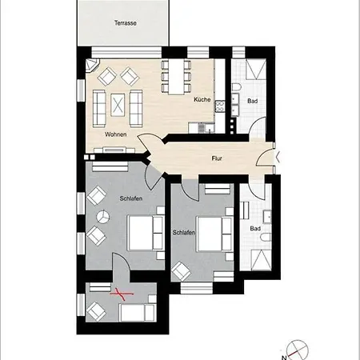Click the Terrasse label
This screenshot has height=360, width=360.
pos(126,23)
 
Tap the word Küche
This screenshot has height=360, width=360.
pos(202,99)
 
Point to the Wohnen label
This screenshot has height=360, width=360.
pos(116,134)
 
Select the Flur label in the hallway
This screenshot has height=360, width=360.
pos(217,158)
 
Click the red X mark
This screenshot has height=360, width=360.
pos(122,294)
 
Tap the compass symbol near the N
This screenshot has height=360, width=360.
pos(297,350)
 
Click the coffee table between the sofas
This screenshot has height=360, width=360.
pos(118,105)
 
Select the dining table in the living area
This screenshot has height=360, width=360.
pos(176,77)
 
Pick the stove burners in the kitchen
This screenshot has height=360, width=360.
pos(220,106)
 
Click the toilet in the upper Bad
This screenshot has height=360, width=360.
pos(236,87)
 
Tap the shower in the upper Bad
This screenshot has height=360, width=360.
pos(256,69)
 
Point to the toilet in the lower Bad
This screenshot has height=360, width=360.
pos(266,237)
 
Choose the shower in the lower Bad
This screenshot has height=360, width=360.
pos(262,260)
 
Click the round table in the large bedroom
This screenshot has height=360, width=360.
pos(102,217)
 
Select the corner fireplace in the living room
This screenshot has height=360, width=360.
pos(92,66)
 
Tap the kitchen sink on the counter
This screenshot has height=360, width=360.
pos(206,127)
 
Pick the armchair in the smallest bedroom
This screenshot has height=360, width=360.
pos(96,311)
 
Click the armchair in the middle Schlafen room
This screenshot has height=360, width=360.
pos(181,271)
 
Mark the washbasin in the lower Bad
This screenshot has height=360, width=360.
pos(267,217)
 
